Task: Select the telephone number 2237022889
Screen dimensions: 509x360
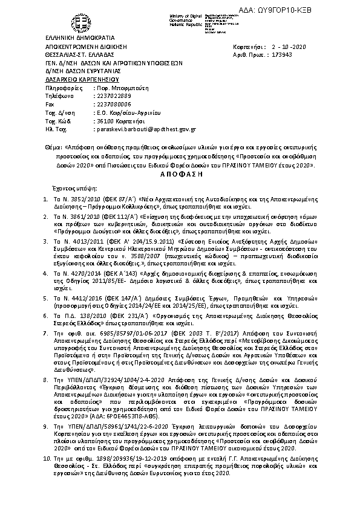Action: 113,96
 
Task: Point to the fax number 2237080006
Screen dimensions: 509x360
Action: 113,104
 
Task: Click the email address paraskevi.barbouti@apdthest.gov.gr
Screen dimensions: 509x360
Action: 145,129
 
